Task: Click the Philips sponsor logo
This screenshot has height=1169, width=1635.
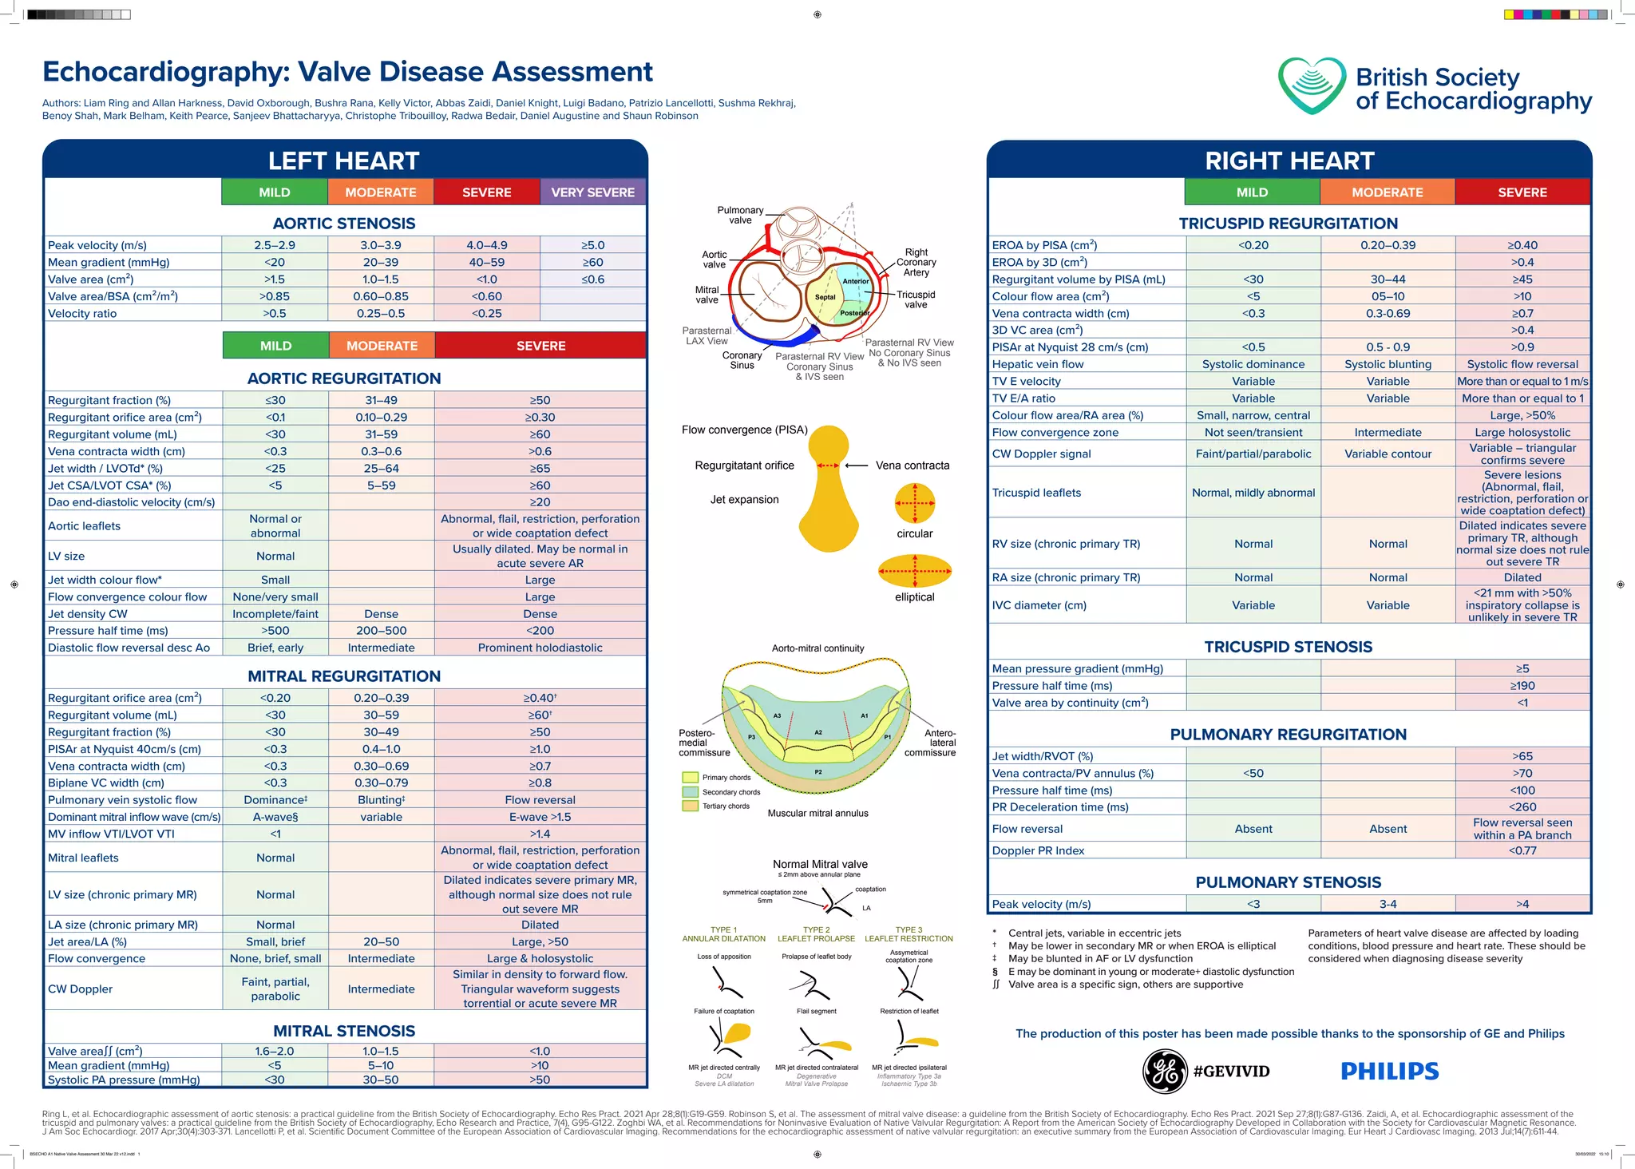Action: pos(1389,1071)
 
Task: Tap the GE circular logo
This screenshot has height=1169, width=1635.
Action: pos(1165,1071)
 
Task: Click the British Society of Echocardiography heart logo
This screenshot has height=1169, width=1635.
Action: pos(1311,85)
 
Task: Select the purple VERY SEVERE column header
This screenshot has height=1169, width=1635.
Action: pos(592,192)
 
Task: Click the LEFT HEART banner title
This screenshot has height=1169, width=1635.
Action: pos(343,160)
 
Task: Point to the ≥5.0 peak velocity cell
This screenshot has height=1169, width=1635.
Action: pos(592,245)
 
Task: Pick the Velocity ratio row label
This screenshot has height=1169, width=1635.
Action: pos(82,313)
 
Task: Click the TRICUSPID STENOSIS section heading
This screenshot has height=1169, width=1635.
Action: pos(1288,647)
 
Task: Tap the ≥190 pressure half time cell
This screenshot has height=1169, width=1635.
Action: pos(1522,686)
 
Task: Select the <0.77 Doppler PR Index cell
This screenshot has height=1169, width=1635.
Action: pos(1522,850)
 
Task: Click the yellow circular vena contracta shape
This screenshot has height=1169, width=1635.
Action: pos(915,503)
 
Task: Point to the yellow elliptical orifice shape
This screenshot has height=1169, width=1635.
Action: pos(915,571)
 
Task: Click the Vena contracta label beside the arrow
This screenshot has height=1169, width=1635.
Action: pos(913,466)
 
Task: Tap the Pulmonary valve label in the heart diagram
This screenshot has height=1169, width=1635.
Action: pos(740,215)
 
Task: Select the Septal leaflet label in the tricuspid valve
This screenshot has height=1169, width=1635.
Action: pos(825,297)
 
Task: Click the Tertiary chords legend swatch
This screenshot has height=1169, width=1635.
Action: pos(691,806)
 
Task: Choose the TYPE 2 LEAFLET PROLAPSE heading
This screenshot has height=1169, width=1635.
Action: pos(816,934)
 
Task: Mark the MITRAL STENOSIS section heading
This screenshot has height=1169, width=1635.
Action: pos(343,1031)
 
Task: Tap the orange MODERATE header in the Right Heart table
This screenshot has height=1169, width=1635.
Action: pos(1387,192)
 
